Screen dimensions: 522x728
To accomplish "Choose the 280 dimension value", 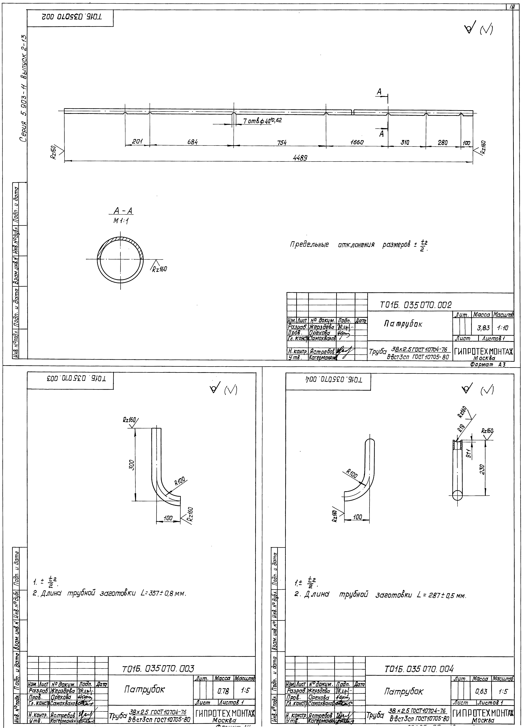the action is click(443, 142).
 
